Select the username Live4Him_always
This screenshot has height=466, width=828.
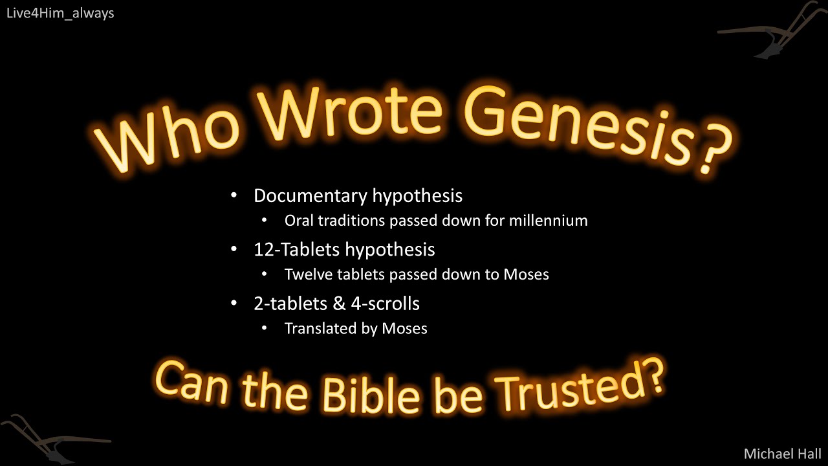click(x=60, y=13)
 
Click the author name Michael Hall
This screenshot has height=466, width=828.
click(x=782, y=453)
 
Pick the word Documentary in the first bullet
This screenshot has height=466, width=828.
click(x=310, y=195)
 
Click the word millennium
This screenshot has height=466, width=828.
click(x=548, y=221)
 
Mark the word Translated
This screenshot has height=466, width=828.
click(x=321, y=329)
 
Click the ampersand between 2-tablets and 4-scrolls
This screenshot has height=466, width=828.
click(x=336, y=304)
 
